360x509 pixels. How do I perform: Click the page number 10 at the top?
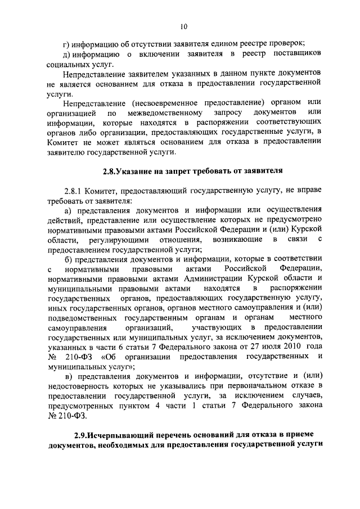tap(184, 26)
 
